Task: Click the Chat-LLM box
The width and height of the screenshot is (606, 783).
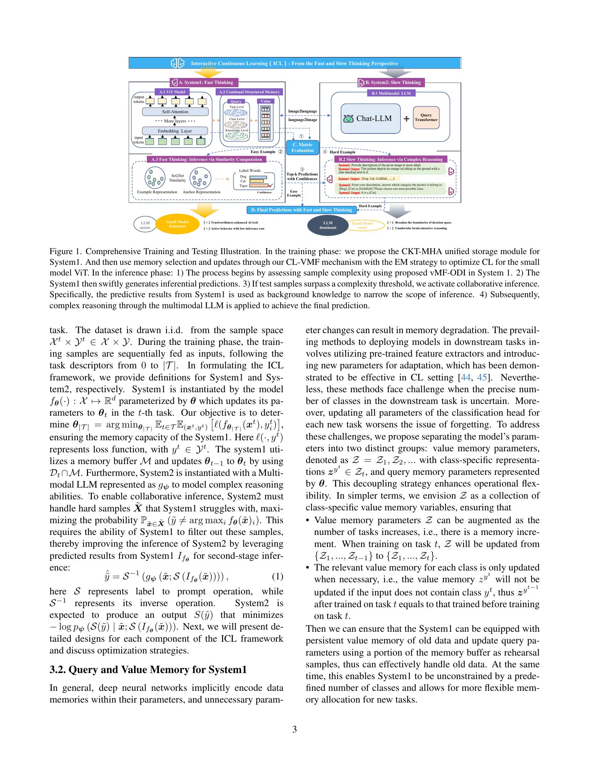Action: (370, 119)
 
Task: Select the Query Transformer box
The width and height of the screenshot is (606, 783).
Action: (426, 117)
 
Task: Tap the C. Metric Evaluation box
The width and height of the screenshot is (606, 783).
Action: (302, 147)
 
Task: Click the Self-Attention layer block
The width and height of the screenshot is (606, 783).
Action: (175, 112)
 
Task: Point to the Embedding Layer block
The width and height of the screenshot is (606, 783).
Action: (175, 131)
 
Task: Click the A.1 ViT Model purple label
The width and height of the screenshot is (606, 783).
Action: (172, 92)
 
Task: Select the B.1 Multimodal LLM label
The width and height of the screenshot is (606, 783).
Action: (391, 93)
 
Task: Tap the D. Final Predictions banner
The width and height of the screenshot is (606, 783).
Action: (301, 210)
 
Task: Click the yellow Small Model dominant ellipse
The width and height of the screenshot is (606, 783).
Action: (178, 224)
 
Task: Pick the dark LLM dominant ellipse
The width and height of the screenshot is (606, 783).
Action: (328, 225)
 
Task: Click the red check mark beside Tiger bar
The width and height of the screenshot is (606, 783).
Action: (271, 185)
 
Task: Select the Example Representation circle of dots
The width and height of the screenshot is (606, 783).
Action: (155, 178)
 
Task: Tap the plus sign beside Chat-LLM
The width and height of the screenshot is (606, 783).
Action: (406, 119)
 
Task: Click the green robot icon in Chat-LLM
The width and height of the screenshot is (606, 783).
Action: (348, 119)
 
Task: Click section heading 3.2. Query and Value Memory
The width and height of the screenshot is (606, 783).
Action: (148, 670)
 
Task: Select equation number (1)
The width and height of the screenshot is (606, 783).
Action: (277, 577)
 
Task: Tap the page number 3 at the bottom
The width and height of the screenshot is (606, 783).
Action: (294, 729)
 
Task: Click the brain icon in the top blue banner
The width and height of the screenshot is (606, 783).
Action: (178, 63)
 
